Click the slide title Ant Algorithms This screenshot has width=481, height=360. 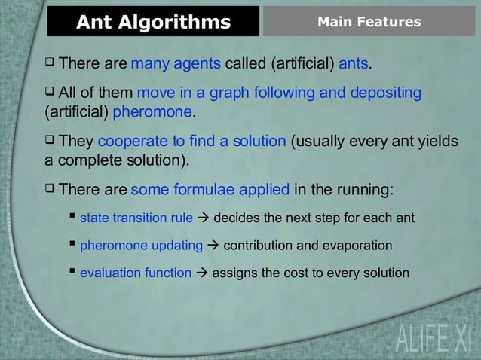[153, 22]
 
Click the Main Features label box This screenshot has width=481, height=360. [369, 22]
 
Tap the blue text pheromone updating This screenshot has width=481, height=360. [141, 246]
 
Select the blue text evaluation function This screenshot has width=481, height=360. [136, 273]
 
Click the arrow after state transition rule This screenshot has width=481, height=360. [204, 218]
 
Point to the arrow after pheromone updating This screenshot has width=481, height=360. [213, 246]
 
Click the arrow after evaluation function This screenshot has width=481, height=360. [202, 273]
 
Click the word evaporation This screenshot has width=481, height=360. [357, 246]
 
